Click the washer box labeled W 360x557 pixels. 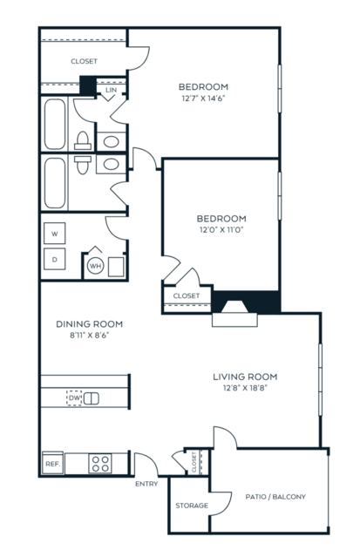[x=54, y=234]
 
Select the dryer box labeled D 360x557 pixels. [x=54, y=259]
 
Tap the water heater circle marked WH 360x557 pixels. [x=95, y=266]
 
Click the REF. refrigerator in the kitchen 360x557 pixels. [x=53, y=464]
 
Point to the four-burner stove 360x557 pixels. [x=100, y=464]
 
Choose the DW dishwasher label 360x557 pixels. [x=75, y=397]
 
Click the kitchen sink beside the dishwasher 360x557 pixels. [x=91, y=398]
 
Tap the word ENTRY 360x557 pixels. [x=146, y=484]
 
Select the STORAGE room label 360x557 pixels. [x=192, y=506]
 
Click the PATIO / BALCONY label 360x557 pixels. [x=275, y=497]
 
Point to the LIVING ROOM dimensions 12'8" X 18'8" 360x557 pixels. [x=245, y=388]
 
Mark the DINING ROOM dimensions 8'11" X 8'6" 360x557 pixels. [x=89, y=335]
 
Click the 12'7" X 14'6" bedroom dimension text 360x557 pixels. [x=204, y=98]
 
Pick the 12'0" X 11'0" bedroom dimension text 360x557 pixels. [x=221, y=229]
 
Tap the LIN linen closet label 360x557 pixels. [x=112, y=91]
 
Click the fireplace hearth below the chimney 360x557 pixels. [x=234, y=320]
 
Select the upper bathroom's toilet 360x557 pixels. [x=83, y=141]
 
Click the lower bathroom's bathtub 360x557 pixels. [x=55, y=183]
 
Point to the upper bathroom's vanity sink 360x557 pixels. [x=112, y=142]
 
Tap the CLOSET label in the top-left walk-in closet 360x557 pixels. [x=84, y=61]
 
